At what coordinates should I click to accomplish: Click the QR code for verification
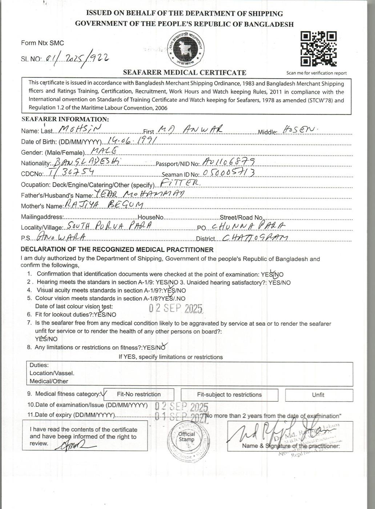coord(318,49)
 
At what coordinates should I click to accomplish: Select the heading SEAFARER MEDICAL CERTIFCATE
coord(185,72)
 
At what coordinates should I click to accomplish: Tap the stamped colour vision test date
coord(176,308)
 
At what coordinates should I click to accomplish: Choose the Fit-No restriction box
coord(138,394)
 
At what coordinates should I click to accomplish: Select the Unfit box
coord(318,394)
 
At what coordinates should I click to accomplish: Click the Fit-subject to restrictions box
coord(229,394)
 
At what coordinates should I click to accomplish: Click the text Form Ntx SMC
coord(42,43)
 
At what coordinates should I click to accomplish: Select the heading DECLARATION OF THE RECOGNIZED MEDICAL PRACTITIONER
coord(117,250)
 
